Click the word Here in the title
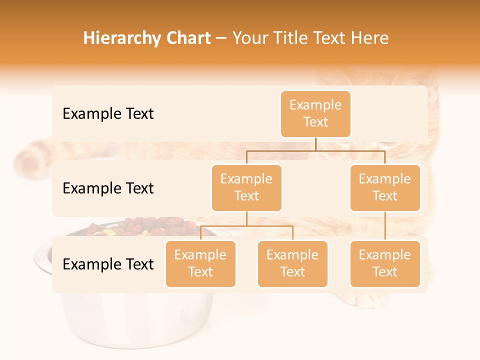pyautogui.click(x=370, y=38)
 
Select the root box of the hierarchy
pyautogui.click(x=315, y=113)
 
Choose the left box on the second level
pyautogui.click(x=246, y=187)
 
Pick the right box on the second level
pyautogui.click(x=385, y=187)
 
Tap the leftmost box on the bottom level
pyautogui.click(x=200, y=263)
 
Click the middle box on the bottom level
pyautogui.click(x=292, y=263)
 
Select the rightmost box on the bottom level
pyautogui.click(x=385, y=263)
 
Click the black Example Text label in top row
pyautogui.click(x=108, y=114)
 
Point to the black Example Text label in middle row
pyautogui.click(x=108, y=188)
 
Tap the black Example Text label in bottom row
pyautogui.click(x=108, y=264)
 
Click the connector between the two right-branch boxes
pyautogui.click(x=385, y=226)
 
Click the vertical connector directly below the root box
pyautogui.click(x=315, y=144)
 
